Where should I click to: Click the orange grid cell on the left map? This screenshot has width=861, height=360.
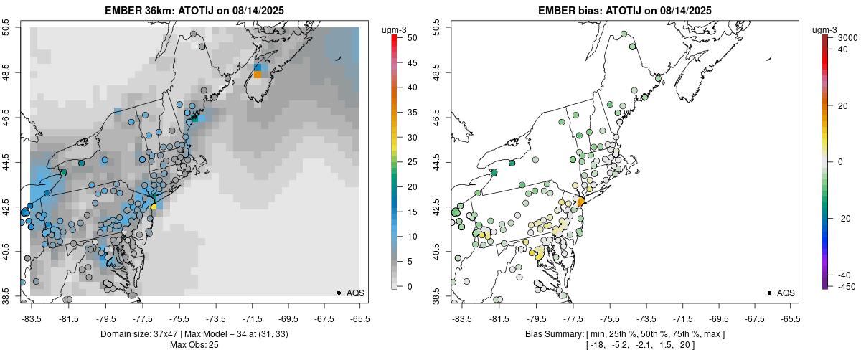pos(258,75)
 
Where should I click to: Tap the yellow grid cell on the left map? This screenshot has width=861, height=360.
pos(154,206)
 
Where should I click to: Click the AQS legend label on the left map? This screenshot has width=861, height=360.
pos(355,293)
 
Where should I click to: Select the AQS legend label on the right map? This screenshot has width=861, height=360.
pos(786,293)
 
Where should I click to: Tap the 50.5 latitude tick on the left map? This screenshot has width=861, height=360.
pos(6,28)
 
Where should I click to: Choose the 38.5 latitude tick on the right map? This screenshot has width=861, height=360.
pos(437,294)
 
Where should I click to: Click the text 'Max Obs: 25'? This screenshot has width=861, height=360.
pos(194,345)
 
